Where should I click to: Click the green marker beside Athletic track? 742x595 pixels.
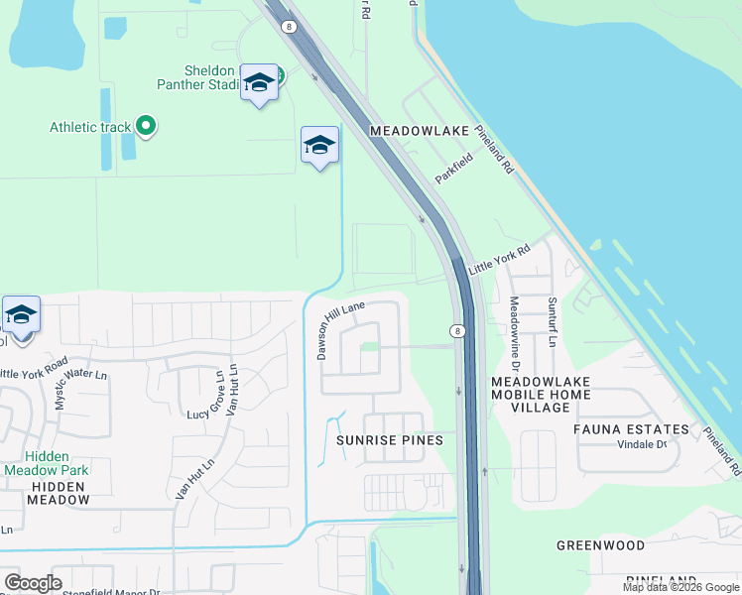(146, 125)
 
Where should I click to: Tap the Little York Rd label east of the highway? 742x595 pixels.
(500, 262)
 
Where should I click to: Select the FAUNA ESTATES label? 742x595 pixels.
(631, 429)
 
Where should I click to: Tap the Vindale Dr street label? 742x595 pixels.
(642, 444)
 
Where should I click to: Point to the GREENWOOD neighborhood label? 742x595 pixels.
(600, 545)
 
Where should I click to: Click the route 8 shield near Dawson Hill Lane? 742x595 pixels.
(456, 331)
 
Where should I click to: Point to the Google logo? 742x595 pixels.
(33, 583)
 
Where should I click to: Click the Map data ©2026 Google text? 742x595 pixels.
(680, 587)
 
